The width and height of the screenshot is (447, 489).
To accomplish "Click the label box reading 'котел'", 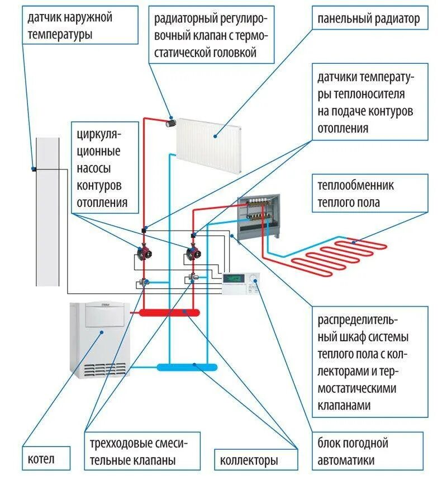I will coord(46,459).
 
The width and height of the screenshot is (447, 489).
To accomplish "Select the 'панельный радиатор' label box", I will coord(369,20).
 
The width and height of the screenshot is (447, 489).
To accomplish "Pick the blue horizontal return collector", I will coord(187,367).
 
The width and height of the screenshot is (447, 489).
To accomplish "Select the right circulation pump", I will coord(193,255).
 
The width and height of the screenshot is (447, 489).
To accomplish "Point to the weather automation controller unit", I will coord(240,283).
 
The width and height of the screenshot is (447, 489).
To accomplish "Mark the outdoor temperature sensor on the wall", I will coord(34,169).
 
